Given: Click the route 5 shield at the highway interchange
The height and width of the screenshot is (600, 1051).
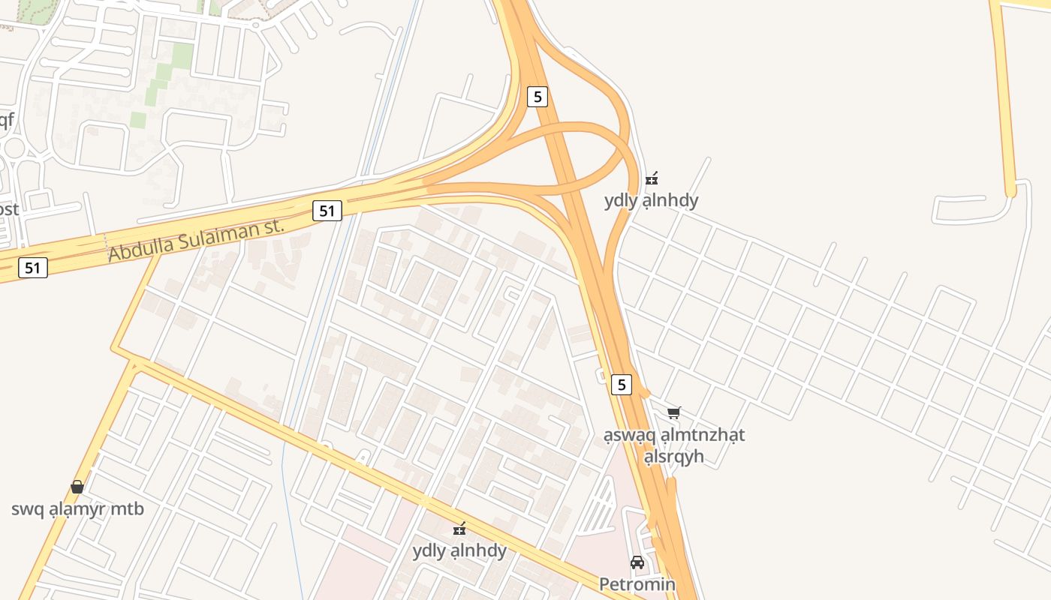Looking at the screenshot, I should tap(537, 96).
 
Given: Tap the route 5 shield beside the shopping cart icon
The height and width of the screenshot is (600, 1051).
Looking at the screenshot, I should tap(621, 384).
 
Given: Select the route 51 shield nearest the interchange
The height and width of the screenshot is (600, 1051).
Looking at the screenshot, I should tap(327, 211).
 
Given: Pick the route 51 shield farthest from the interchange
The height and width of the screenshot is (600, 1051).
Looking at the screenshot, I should tap(33, 267).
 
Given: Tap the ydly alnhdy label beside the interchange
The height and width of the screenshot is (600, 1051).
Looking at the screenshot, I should tap(651, 200).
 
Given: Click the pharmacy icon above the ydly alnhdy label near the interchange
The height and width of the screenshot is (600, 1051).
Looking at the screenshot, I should tap(652, 178).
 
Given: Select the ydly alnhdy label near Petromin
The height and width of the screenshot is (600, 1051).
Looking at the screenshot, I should tap(459, 550).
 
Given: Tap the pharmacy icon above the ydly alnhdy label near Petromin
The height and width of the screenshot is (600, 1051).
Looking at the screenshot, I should tap(459, 529).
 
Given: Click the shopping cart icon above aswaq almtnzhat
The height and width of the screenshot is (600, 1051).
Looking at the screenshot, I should tap(674, 412).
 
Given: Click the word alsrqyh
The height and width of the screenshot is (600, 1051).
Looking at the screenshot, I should tap(673, 456).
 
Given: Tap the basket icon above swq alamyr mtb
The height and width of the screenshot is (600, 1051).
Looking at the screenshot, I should tap(77, 487).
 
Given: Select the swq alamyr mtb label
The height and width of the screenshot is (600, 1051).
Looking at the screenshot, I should tap(77, 509).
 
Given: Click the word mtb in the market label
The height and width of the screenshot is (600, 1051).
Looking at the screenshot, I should tap(125, 509).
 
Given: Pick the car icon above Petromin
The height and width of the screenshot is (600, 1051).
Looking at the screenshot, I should tap(637, 562).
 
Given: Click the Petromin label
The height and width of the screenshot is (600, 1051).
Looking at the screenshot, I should tap(637, 583).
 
